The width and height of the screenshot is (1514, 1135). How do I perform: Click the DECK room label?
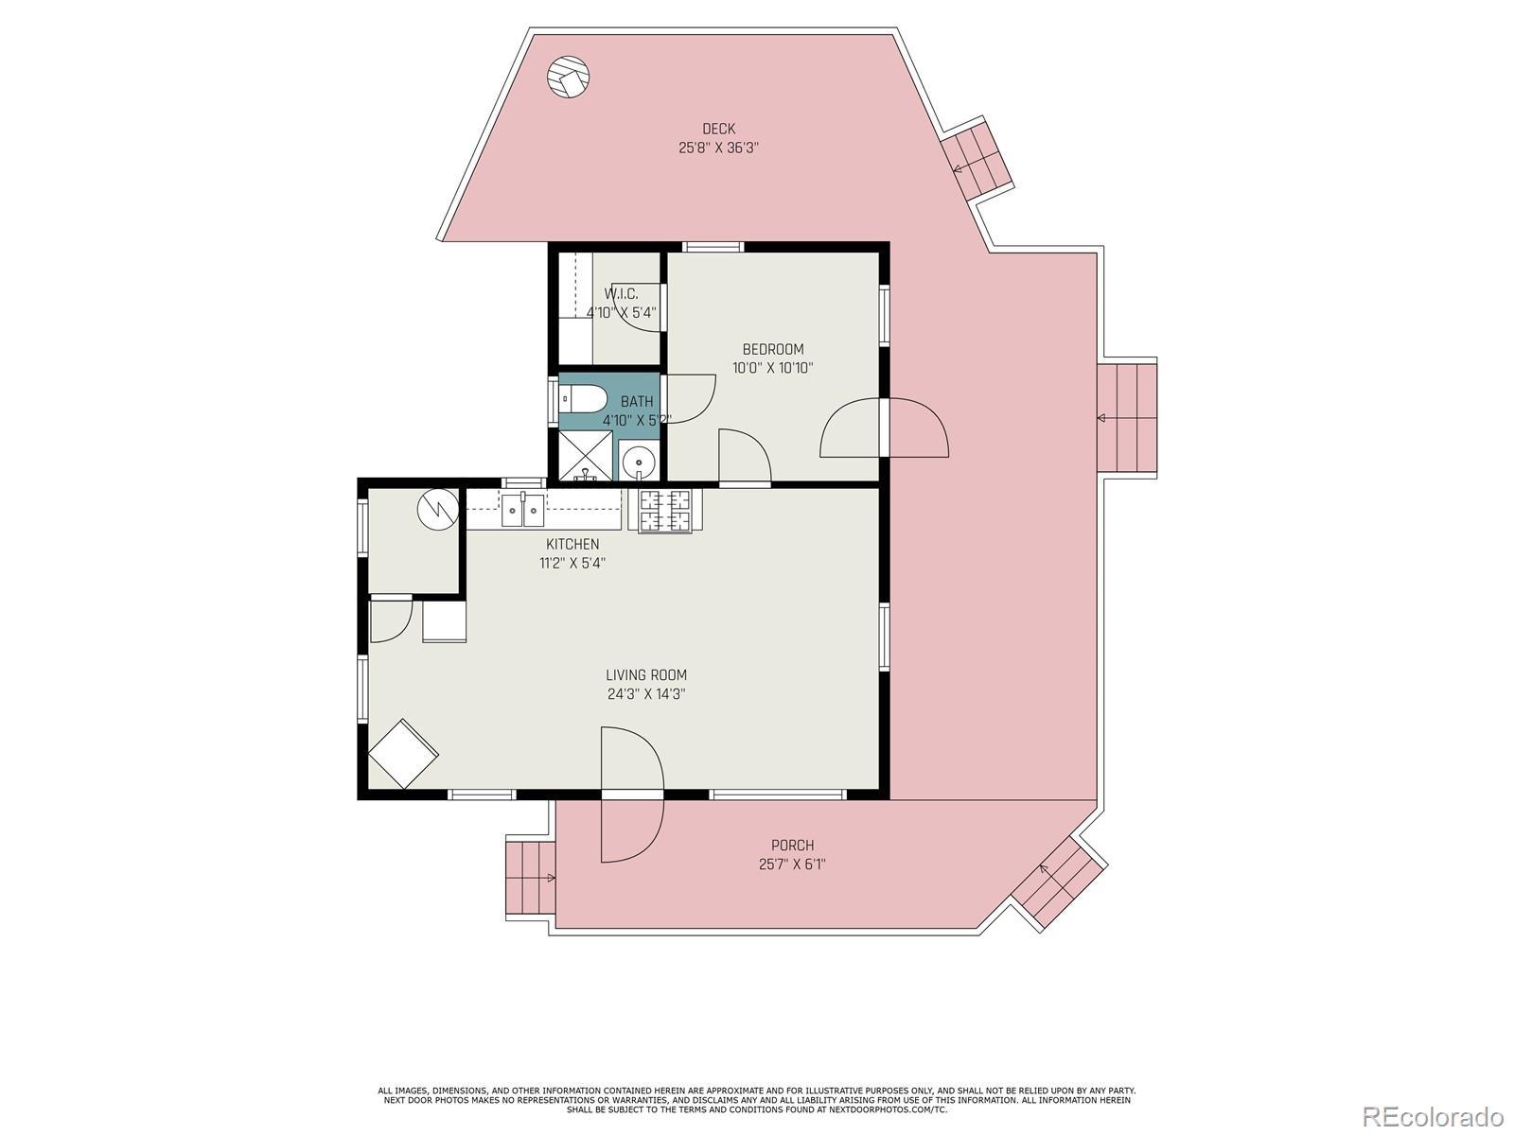pos(718,129)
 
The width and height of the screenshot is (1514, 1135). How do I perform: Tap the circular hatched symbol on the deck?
pos(569,76)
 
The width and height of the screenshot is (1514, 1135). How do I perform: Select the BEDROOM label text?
pos(772,349)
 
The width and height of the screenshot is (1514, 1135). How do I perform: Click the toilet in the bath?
pos(582,398)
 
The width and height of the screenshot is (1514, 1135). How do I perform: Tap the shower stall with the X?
pos(585,455)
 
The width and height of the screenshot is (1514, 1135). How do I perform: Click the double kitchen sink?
pos(523,510)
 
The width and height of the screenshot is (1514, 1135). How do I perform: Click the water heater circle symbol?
pos(438,509)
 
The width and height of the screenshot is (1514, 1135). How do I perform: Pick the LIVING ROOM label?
pos(646,675)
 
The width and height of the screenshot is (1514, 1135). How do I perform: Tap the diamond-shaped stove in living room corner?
pos(403,753)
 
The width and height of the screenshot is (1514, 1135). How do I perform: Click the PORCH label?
pos(793,846)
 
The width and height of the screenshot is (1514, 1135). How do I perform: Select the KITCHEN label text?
pos(572,545)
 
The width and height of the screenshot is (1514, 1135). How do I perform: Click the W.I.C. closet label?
pos(621,293)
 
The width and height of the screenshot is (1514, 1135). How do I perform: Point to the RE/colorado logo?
pos(1438,1116)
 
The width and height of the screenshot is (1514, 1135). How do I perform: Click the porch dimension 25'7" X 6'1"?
pos(793,864)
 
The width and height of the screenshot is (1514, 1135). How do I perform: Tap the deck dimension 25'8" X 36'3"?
pos(719,148)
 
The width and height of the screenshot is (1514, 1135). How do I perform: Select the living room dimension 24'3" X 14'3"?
pos(646,694)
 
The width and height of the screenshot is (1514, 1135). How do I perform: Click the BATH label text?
pos(637,402)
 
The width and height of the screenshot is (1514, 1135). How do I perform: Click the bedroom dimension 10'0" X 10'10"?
pos(772,368)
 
